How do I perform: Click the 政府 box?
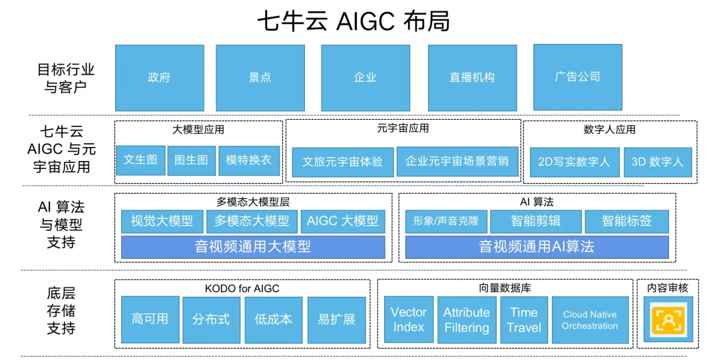(159, 77)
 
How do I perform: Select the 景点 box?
(260, 77)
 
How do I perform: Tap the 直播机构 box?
(472, 77)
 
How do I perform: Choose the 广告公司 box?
(577, 77)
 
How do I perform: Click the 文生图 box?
(140, 160)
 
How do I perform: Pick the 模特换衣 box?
(249, 160)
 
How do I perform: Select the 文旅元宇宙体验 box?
(342, 162)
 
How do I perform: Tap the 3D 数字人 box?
(657, 162)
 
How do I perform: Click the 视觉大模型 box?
(162, 221)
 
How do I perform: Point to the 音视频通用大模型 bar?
(253, 247)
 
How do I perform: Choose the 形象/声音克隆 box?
(445, 221)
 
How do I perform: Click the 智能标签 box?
(626, 221)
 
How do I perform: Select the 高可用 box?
(150, 319)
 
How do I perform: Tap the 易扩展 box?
(336, 319)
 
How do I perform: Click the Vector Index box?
(409, 319)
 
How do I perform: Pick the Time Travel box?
(524, 319)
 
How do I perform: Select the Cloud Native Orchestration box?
(590, 320)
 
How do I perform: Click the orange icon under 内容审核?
(668, 320)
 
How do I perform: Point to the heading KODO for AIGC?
(242, 288)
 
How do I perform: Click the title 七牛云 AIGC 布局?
(354, 21)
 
